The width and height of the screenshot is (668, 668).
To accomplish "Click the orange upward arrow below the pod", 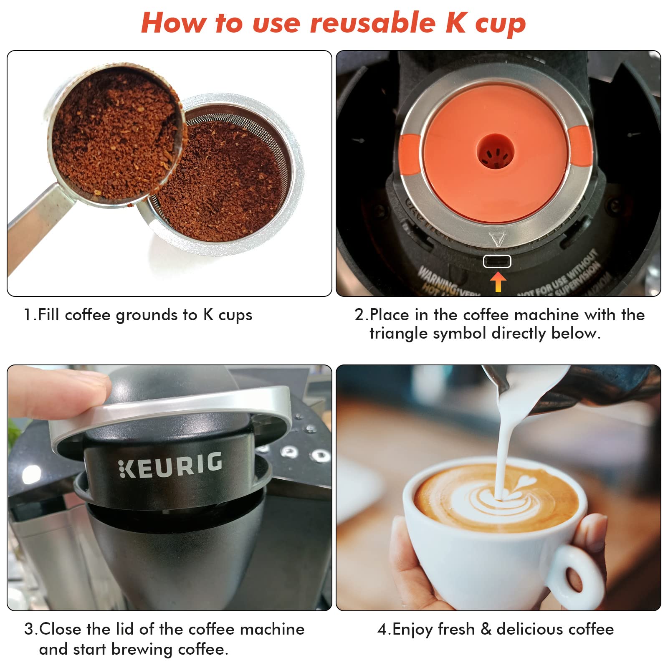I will pos(498,282).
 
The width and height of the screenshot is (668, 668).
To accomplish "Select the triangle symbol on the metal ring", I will pos(497,239).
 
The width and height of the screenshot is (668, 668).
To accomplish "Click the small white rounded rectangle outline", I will pos(497,261).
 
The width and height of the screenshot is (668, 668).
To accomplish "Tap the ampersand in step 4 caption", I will pos(486,629).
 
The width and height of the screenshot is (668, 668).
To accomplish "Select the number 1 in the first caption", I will pos(28,315).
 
